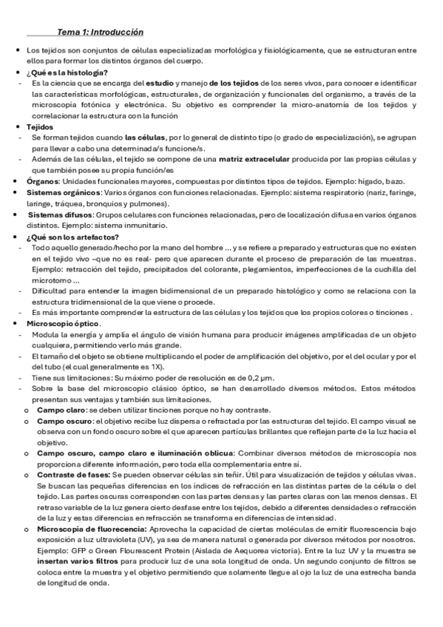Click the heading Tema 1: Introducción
click(x=100, y=33)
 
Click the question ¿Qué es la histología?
click(x=67, y=72)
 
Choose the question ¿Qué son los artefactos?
click(x=71, y=237)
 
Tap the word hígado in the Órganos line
click(x=367, y=181)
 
